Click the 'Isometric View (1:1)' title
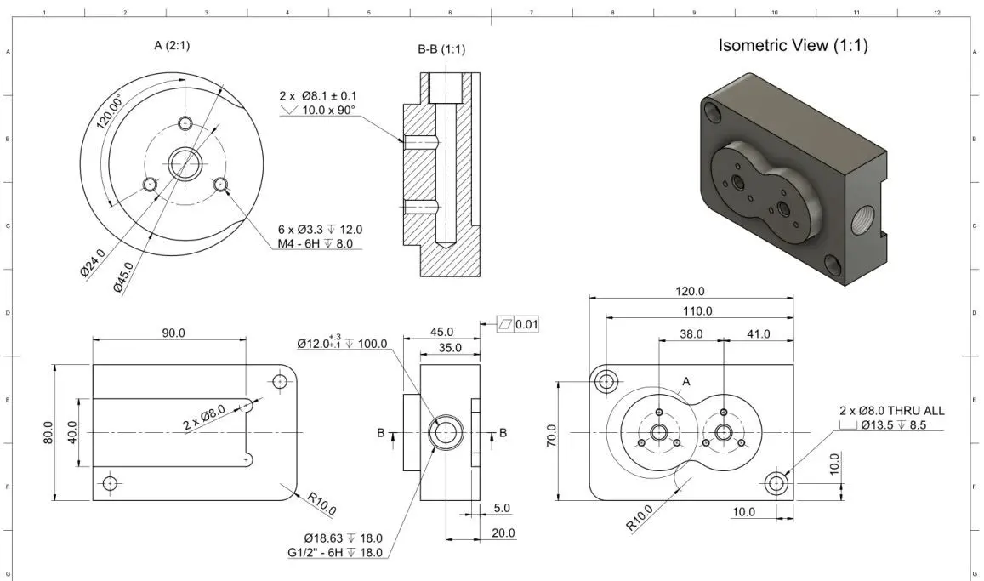[x=793, y=46]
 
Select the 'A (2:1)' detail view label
[x=171, y=46]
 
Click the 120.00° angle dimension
[x=108, y=111]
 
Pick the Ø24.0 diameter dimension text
[x=92, y=262]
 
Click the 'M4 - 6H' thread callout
[x=320, y=245]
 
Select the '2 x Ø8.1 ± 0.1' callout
[x=318, y=97]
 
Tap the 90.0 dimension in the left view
[x=173, y=333]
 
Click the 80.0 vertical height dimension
[x=48, y=433]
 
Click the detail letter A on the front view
[x=685, y=382]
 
